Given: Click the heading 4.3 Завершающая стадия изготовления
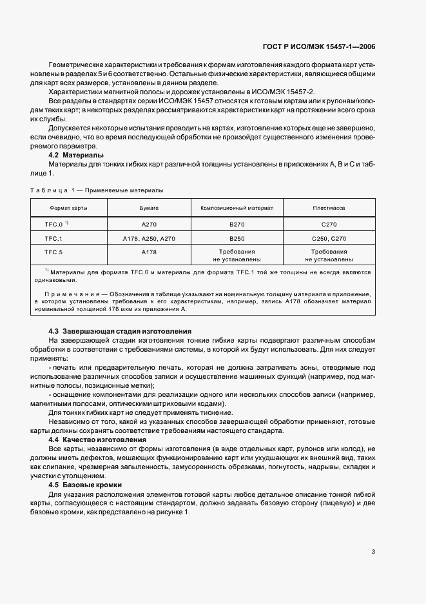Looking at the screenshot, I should click(120, 330).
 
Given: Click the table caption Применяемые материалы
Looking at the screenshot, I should click(126, 190).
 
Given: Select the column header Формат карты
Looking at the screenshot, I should click(69, 208).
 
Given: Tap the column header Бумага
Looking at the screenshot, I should click(149, 208).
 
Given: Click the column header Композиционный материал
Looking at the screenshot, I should click(237, 208).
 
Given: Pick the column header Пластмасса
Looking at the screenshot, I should click(328, 208).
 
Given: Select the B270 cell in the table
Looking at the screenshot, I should click(237, 223).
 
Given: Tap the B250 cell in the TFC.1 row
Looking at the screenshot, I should click(237, 237).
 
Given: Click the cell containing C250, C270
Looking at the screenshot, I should click(328, 237).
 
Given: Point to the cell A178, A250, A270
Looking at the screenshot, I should click(149, 237).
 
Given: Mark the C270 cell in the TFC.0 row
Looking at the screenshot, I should click(328, 223).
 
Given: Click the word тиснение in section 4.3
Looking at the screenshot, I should click(215, 412).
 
